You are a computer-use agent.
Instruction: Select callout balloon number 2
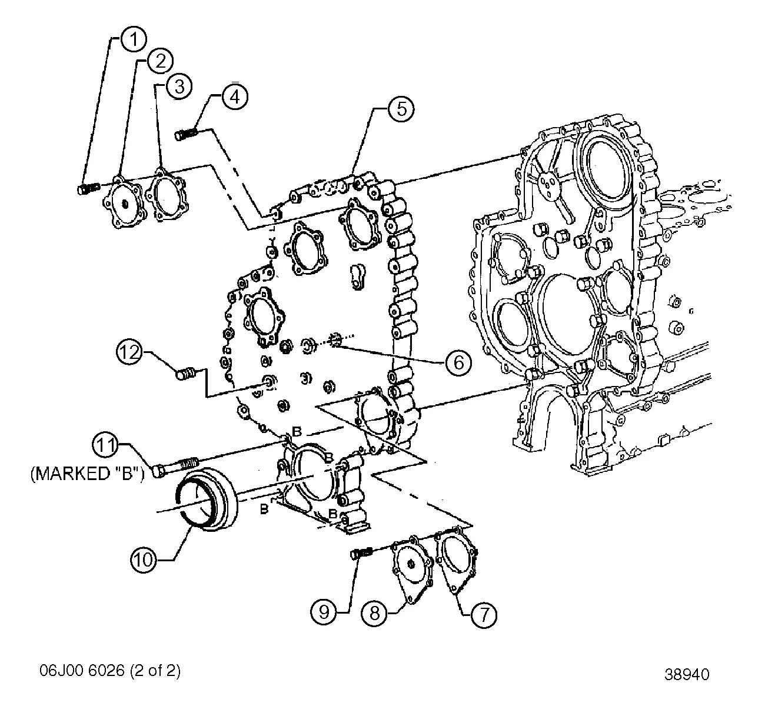pos(160,59)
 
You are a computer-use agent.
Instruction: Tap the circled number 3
pos(179,86)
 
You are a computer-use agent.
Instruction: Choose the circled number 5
pos(401,110)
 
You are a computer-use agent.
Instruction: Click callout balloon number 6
pos(458,362)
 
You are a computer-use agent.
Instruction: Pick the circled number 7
pos(483,615)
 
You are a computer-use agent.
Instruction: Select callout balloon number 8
pos(374,614)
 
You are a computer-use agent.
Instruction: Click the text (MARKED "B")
pos(87,474)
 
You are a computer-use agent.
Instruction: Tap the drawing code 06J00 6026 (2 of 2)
pos(110,670)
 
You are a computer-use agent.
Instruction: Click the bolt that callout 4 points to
pos(188,135)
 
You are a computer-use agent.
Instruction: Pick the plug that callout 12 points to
pos(187,373)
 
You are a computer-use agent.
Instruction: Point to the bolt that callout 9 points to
pos(361,553)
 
